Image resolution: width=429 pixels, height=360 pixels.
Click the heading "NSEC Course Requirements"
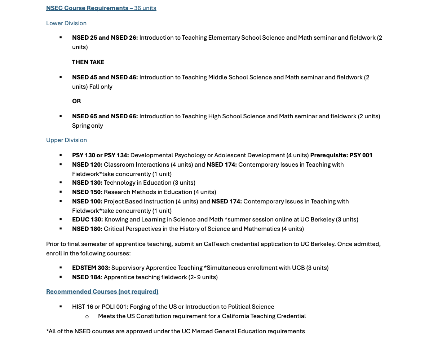click(87, 8)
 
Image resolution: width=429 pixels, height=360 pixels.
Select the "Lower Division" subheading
click(66, 23)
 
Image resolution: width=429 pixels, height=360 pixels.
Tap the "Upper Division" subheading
click(66, 140)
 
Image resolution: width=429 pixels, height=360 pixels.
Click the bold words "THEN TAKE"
click(88, 62)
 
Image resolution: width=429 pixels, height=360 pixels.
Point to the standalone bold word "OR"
click(76, 101)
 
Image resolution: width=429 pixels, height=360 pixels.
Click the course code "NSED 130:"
click(87, 183)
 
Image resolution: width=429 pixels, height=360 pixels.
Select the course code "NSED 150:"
click(87, 192)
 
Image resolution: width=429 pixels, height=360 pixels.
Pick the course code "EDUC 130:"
click(88, 219)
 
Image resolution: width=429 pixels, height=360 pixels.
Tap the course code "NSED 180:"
click(87, 229)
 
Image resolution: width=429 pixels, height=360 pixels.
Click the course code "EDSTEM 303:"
click(91, 268)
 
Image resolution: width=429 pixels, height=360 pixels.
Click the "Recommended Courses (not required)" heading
click(102, 291)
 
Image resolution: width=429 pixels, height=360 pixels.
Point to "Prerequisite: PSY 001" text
click(341, 155)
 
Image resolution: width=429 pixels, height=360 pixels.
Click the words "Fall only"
click(101, 87)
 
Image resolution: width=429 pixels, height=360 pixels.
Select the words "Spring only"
click(88, 126)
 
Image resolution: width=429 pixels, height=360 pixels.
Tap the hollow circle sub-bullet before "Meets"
click(87, 316)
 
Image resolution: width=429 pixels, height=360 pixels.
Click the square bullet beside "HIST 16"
click(61, 307)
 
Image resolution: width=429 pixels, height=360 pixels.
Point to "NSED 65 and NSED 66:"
click(105, 116)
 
